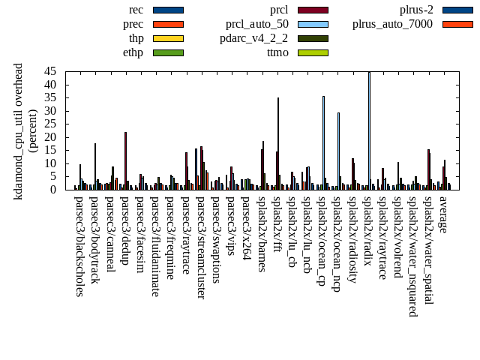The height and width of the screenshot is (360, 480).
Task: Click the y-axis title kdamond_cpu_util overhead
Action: click(x=18, y=130)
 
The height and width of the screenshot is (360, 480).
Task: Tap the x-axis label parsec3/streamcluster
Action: click(x=201, y=247)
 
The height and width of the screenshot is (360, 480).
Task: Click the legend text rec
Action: click(x=136, y=10)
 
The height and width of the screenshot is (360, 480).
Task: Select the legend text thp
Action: click(x=136, y=38)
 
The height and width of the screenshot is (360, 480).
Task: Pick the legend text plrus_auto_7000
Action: click(x=392, y=24)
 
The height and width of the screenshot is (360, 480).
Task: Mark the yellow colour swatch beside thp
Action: click(x=168, y=38)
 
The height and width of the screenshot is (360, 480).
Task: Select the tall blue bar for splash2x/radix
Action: click(x=369, y=130)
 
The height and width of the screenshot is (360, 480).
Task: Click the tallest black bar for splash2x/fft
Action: click(x=278, y=143)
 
